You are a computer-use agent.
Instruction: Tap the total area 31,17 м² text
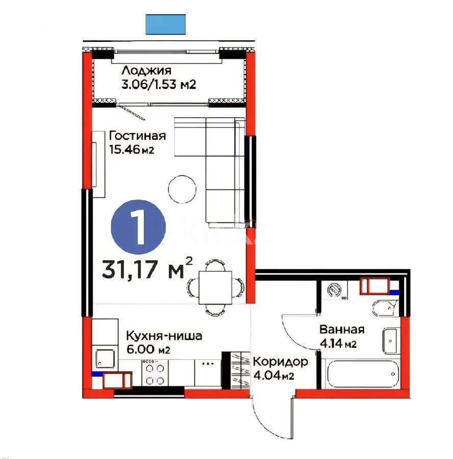click(147, 268)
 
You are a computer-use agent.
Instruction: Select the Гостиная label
click(137, 136)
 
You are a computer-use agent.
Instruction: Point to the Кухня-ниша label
click(164, 336)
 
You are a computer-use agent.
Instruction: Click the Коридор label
click(281, 362)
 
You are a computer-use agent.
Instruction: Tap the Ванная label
click(341, 329)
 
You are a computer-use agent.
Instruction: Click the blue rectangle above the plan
click(166, 24)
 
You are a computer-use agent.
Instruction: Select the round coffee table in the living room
click(182, 189)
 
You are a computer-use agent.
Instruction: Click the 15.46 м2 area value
click(132, 149)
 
